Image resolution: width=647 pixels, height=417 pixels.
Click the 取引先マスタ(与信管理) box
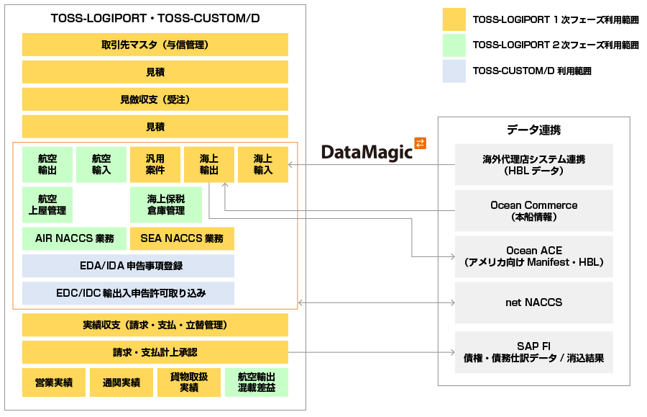click(x=155, y=45)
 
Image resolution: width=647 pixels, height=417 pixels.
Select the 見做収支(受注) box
click(x=155, y=99)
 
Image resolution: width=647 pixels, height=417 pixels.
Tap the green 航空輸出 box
click(x=47, y=164)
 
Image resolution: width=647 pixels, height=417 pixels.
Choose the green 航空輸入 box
click(x=101, y=164)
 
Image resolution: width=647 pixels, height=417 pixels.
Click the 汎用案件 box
click(x=155, y=164)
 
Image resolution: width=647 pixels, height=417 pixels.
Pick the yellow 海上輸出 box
click(x=209, y=164)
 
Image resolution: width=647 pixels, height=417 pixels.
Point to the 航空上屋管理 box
click(x=47, y=205)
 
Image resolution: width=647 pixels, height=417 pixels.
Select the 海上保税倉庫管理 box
click(x=165, y=205)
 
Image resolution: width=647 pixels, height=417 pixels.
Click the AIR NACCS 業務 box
click(x=74, y=238)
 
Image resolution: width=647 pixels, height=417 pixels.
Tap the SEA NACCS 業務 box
click(x=181, y=238)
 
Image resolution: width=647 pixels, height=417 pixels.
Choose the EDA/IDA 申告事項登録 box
click(x=128, y=266)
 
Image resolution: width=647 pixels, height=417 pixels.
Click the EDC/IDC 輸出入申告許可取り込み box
click(x=128, y=293)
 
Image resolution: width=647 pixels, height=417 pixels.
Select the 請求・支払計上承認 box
click(x=155, y=352)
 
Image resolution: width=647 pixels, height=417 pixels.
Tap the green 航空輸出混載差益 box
click(x=256, y=382)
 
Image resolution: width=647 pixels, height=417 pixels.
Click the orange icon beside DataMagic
click(x=421, y=143)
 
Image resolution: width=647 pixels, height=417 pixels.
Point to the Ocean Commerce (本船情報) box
click(x=533, y=210)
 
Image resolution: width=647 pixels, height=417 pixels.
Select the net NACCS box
click(x=533, y=302)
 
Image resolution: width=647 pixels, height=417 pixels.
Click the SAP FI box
click(x=533, y=351)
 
